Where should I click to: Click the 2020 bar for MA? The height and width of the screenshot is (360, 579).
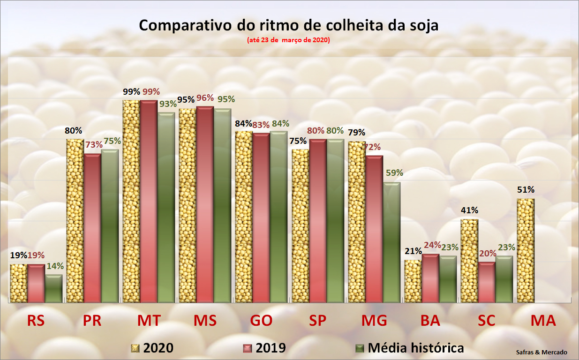click(x=526, y=250)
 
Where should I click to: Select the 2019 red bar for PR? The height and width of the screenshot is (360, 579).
click(x=92, y=228)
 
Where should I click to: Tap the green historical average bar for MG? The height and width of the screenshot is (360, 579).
click(x=391, y=242)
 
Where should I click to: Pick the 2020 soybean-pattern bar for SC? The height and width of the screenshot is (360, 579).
click(x=469, y=261)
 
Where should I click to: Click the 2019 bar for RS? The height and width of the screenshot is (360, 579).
click(x=36, y=283)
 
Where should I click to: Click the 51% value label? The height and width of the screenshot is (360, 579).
click(x=526, y=190)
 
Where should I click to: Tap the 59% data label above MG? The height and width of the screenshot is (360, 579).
click(x=394, y=172)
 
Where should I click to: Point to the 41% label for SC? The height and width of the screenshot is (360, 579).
click(x=469, y=210)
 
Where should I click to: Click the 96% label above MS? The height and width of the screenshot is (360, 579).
click(x=205, y=98)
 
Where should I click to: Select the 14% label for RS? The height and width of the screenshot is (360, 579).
click(x=55, y=266)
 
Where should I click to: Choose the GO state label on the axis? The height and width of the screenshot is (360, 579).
click(x=262, y=321)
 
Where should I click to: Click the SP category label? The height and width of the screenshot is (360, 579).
click(x=318, y=321)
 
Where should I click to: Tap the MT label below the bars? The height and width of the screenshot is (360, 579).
click(x=149, y=321)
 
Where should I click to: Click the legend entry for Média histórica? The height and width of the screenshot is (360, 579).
click(x=415, y=348)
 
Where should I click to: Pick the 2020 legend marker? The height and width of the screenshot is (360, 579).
click(x=135, y=348)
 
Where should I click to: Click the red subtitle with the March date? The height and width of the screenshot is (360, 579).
click(x=289, y=40)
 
